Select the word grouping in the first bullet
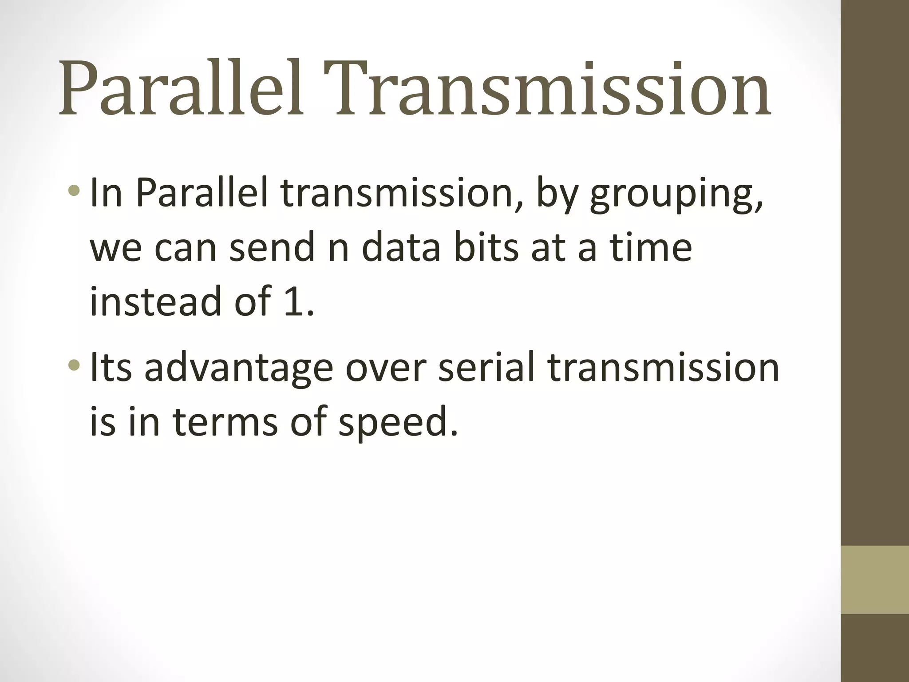676,195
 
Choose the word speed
397,422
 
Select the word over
385,369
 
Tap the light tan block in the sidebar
874,580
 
